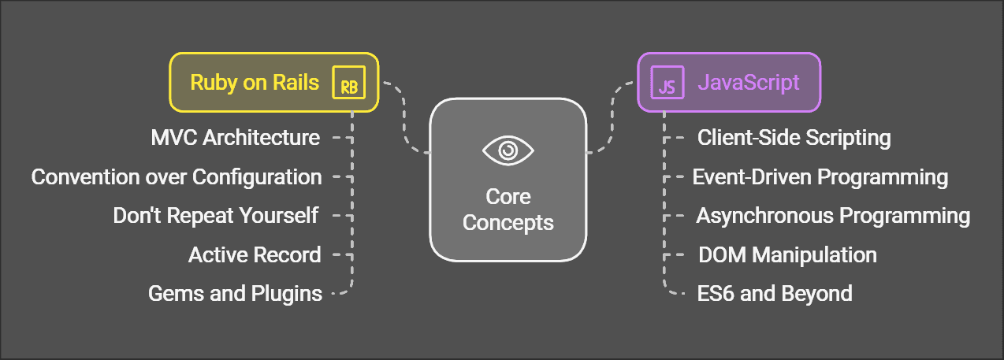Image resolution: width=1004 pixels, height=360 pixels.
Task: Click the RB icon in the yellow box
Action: click(348, 83)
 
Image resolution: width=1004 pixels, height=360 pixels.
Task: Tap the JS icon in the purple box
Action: click(666, 83)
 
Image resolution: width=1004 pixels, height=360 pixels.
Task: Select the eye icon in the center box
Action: click(508, 149)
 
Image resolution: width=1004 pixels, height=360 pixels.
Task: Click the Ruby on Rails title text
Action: click(255, 83)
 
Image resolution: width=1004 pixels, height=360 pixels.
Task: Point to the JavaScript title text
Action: click(748, 83)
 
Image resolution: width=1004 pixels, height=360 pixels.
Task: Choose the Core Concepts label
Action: click(508, 210)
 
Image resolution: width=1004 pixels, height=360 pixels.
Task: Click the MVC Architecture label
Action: click(235, 138)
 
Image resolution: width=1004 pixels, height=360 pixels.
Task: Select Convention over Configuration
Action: click(177, 176)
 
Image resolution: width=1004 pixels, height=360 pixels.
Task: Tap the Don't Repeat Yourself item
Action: click(215, 215)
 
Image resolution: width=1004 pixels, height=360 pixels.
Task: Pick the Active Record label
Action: click(255, 254)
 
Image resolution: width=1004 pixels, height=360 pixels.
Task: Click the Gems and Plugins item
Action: click(235, 294)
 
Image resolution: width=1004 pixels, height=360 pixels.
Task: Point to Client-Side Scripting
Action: click(794, 138)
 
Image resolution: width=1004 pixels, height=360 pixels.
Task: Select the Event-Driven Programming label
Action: click(820, 176)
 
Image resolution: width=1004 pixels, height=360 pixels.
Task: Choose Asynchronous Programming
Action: click(833, 215)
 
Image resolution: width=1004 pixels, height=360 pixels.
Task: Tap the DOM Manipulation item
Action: click(787, 254)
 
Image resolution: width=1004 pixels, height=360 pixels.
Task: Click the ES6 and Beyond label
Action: click(775, 294)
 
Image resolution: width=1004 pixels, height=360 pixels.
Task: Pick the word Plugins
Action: click(286, 294)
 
